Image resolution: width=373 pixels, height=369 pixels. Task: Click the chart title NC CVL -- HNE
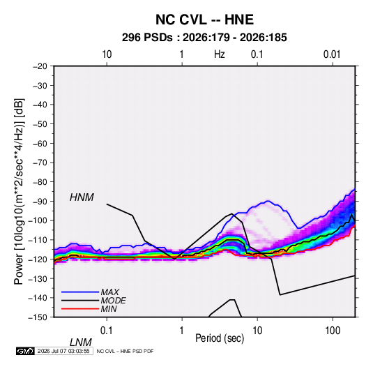pos(204,20)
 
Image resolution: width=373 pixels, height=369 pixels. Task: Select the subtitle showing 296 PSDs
pos(204,38)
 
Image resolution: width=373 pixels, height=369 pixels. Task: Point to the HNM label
pos(82,197)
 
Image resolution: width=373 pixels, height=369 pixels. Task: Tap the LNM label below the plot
pos(80,342)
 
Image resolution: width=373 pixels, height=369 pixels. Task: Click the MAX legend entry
pos(109,292)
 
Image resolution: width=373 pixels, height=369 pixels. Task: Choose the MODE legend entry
pos(113,301)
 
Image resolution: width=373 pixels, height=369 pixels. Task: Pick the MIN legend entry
pos(109,309)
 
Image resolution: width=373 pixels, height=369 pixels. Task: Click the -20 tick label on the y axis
pos(40,66)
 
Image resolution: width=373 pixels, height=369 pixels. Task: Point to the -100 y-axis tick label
pos(38,220)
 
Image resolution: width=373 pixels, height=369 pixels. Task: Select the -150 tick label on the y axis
pos(38,317)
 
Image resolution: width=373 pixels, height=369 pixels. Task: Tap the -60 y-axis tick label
pos(40,143)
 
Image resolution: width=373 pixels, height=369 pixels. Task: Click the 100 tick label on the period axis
pos(333,331)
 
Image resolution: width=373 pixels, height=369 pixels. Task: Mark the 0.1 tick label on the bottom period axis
pos(107,331)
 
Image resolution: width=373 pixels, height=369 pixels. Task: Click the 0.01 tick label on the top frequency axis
pos(332,54)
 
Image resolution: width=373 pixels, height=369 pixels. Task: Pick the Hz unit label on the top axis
pos(220,54)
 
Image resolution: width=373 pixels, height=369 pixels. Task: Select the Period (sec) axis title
pos(220,338)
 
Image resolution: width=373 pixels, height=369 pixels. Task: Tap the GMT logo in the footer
pos(26,351)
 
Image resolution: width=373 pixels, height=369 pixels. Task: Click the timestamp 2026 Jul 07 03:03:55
pos(63,351)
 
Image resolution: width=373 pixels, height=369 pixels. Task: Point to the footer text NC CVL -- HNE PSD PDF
pos(125,351)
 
